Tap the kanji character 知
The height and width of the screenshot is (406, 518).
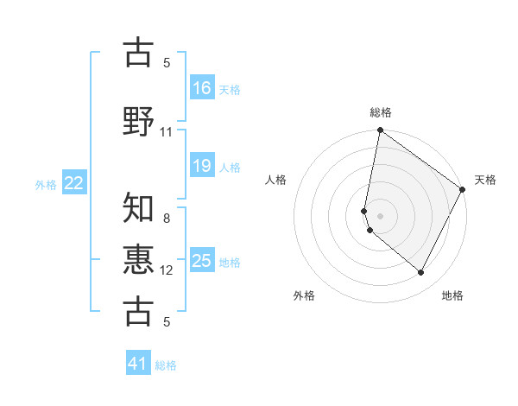139,208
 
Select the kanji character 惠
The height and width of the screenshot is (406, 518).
139,259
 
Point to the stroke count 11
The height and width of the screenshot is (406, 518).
167,132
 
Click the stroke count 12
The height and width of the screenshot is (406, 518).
167,270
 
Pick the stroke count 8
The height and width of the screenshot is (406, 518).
167,219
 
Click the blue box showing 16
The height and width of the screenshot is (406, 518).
201,87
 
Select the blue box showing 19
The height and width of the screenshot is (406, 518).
201,166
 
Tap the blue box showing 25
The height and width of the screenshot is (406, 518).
201,261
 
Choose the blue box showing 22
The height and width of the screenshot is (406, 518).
74,183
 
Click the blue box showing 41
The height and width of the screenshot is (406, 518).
138,364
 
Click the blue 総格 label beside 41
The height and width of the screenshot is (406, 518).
166,365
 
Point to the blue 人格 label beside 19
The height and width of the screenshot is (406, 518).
230,167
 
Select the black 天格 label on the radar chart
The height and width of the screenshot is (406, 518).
485,180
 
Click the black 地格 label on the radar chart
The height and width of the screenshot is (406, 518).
452,295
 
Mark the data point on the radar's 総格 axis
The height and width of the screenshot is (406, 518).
380,131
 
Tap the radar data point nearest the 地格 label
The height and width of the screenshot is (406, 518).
421,273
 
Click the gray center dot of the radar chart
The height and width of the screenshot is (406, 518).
380,216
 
